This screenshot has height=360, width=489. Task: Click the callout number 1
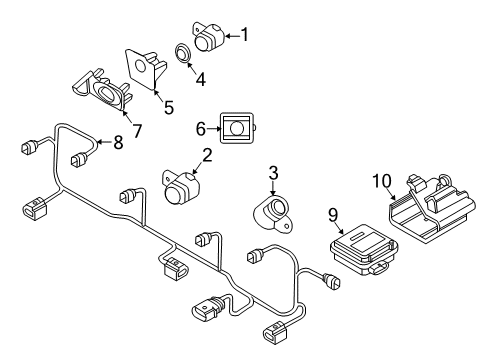tap(245, 35)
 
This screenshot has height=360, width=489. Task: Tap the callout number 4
tap(201, 79)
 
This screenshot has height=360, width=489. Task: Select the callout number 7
tap(137, 131)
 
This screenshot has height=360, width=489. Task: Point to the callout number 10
tap(382, 181)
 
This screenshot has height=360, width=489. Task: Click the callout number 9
tap(333, 215)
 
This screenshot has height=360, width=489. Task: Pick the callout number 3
tap(273, 173)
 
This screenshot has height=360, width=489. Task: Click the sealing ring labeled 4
tap(183, 52)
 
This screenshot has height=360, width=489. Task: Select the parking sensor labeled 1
tap(208, 37)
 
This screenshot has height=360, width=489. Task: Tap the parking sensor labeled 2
tap(181, 187)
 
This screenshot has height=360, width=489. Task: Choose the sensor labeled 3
tap(273, 214)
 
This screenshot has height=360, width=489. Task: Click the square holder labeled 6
tap(237, 128)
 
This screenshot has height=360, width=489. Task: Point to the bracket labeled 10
tap(432, 208)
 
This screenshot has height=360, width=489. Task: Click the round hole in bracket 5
tap(140, 66)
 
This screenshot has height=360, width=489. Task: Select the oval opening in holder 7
tap(106, 92)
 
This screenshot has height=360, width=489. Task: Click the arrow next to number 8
tap(104, 142)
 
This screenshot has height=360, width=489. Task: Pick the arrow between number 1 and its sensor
tap(233, 36)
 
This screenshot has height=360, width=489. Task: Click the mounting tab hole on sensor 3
tap(287, 226)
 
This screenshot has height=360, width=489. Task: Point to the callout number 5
tap(169, 107)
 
